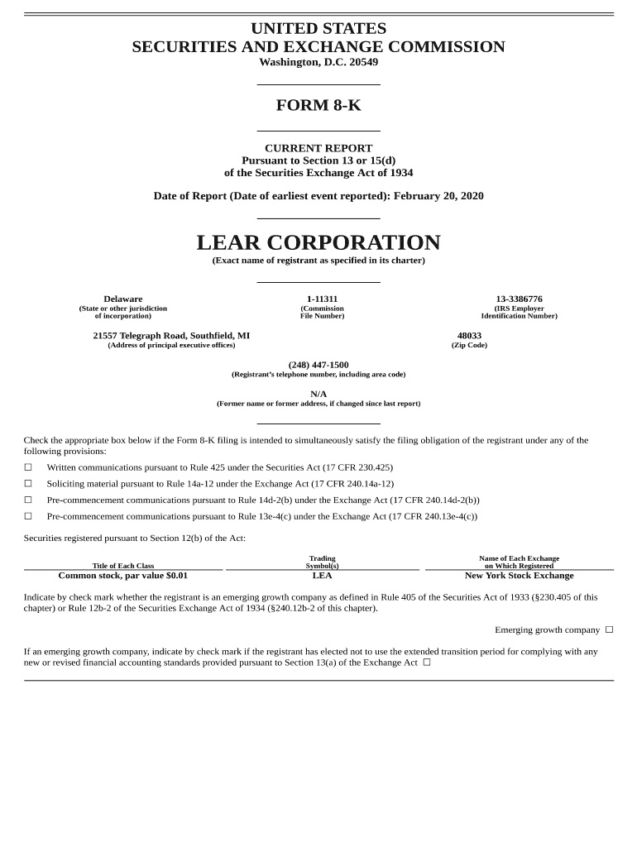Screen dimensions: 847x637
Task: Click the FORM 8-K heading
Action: (x=318, y=106)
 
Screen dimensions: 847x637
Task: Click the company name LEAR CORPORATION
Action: (x=318, y=243)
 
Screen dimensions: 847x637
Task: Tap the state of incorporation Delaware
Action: (x=122, y=299)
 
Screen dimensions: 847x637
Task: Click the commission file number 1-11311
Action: (x=322, y=299)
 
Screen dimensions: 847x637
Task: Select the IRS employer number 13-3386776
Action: (x=519, y=299)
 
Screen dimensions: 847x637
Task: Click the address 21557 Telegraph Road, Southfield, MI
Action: (x=171, y=335)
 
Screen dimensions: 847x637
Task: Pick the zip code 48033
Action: (x=469, y=335)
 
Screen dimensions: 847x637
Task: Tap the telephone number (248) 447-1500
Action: (x=318, y=365)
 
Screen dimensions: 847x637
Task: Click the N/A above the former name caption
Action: (x=318, y=394)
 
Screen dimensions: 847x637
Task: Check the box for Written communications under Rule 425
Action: (x=28, y=467)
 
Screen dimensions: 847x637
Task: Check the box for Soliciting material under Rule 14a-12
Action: (x=28, y=484)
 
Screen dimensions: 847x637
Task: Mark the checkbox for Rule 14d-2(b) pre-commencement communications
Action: (x=28, y=500)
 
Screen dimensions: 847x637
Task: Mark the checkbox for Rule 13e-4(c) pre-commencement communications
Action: (x=28, y=517)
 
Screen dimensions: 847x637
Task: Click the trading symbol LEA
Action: (x=322, y=576)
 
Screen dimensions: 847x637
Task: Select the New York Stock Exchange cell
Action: (x=519, y=576)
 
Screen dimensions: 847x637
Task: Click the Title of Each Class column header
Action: (x=122, y=566)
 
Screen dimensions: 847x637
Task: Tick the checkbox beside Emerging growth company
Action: (x=609, y=629)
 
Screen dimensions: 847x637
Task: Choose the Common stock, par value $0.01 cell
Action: (x=122, y=576)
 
